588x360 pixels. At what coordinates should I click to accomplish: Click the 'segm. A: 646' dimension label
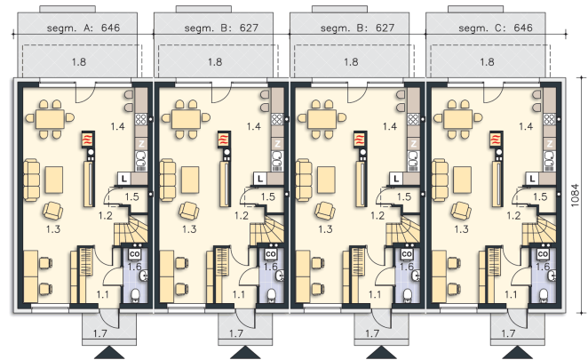83,28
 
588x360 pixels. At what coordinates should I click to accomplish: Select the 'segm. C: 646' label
496,28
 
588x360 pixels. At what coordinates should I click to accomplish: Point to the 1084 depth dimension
574,195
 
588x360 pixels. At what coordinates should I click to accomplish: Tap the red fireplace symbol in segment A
88,140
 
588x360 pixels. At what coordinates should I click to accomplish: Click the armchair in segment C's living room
461,211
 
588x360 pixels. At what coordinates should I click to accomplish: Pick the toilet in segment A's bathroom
135,296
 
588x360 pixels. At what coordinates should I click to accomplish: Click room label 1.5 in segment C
540,196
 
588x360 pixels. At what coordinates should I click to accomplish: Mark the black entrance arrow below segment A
109,353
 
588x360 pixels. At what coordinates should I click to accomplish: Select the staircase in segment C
538,229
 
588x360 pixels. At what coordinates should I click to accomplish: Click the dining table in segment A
50,119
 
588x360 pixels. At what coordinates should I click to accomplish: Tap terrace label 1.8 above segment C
487,61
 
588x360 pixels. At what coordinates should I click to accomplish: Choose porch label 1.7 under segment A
100,333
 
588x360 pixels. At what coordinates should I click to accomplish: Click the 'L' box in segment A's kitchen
123,179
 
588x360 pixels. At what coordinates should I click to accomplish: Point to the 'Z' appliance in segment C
550,143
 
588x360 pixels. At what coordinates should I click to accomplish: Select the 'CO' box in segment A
135,254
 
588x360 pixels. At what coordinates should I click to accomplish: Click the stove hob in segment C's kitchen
550,119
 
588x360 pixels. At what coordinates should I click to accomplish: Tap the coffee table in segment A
54,180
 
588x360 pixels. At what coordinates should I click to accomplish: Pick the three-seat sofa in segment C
440,180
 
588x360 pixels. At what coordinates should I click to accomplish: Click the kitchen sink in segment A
141,159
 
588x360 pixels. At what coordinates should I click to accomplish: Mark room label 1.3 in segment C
461,229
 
